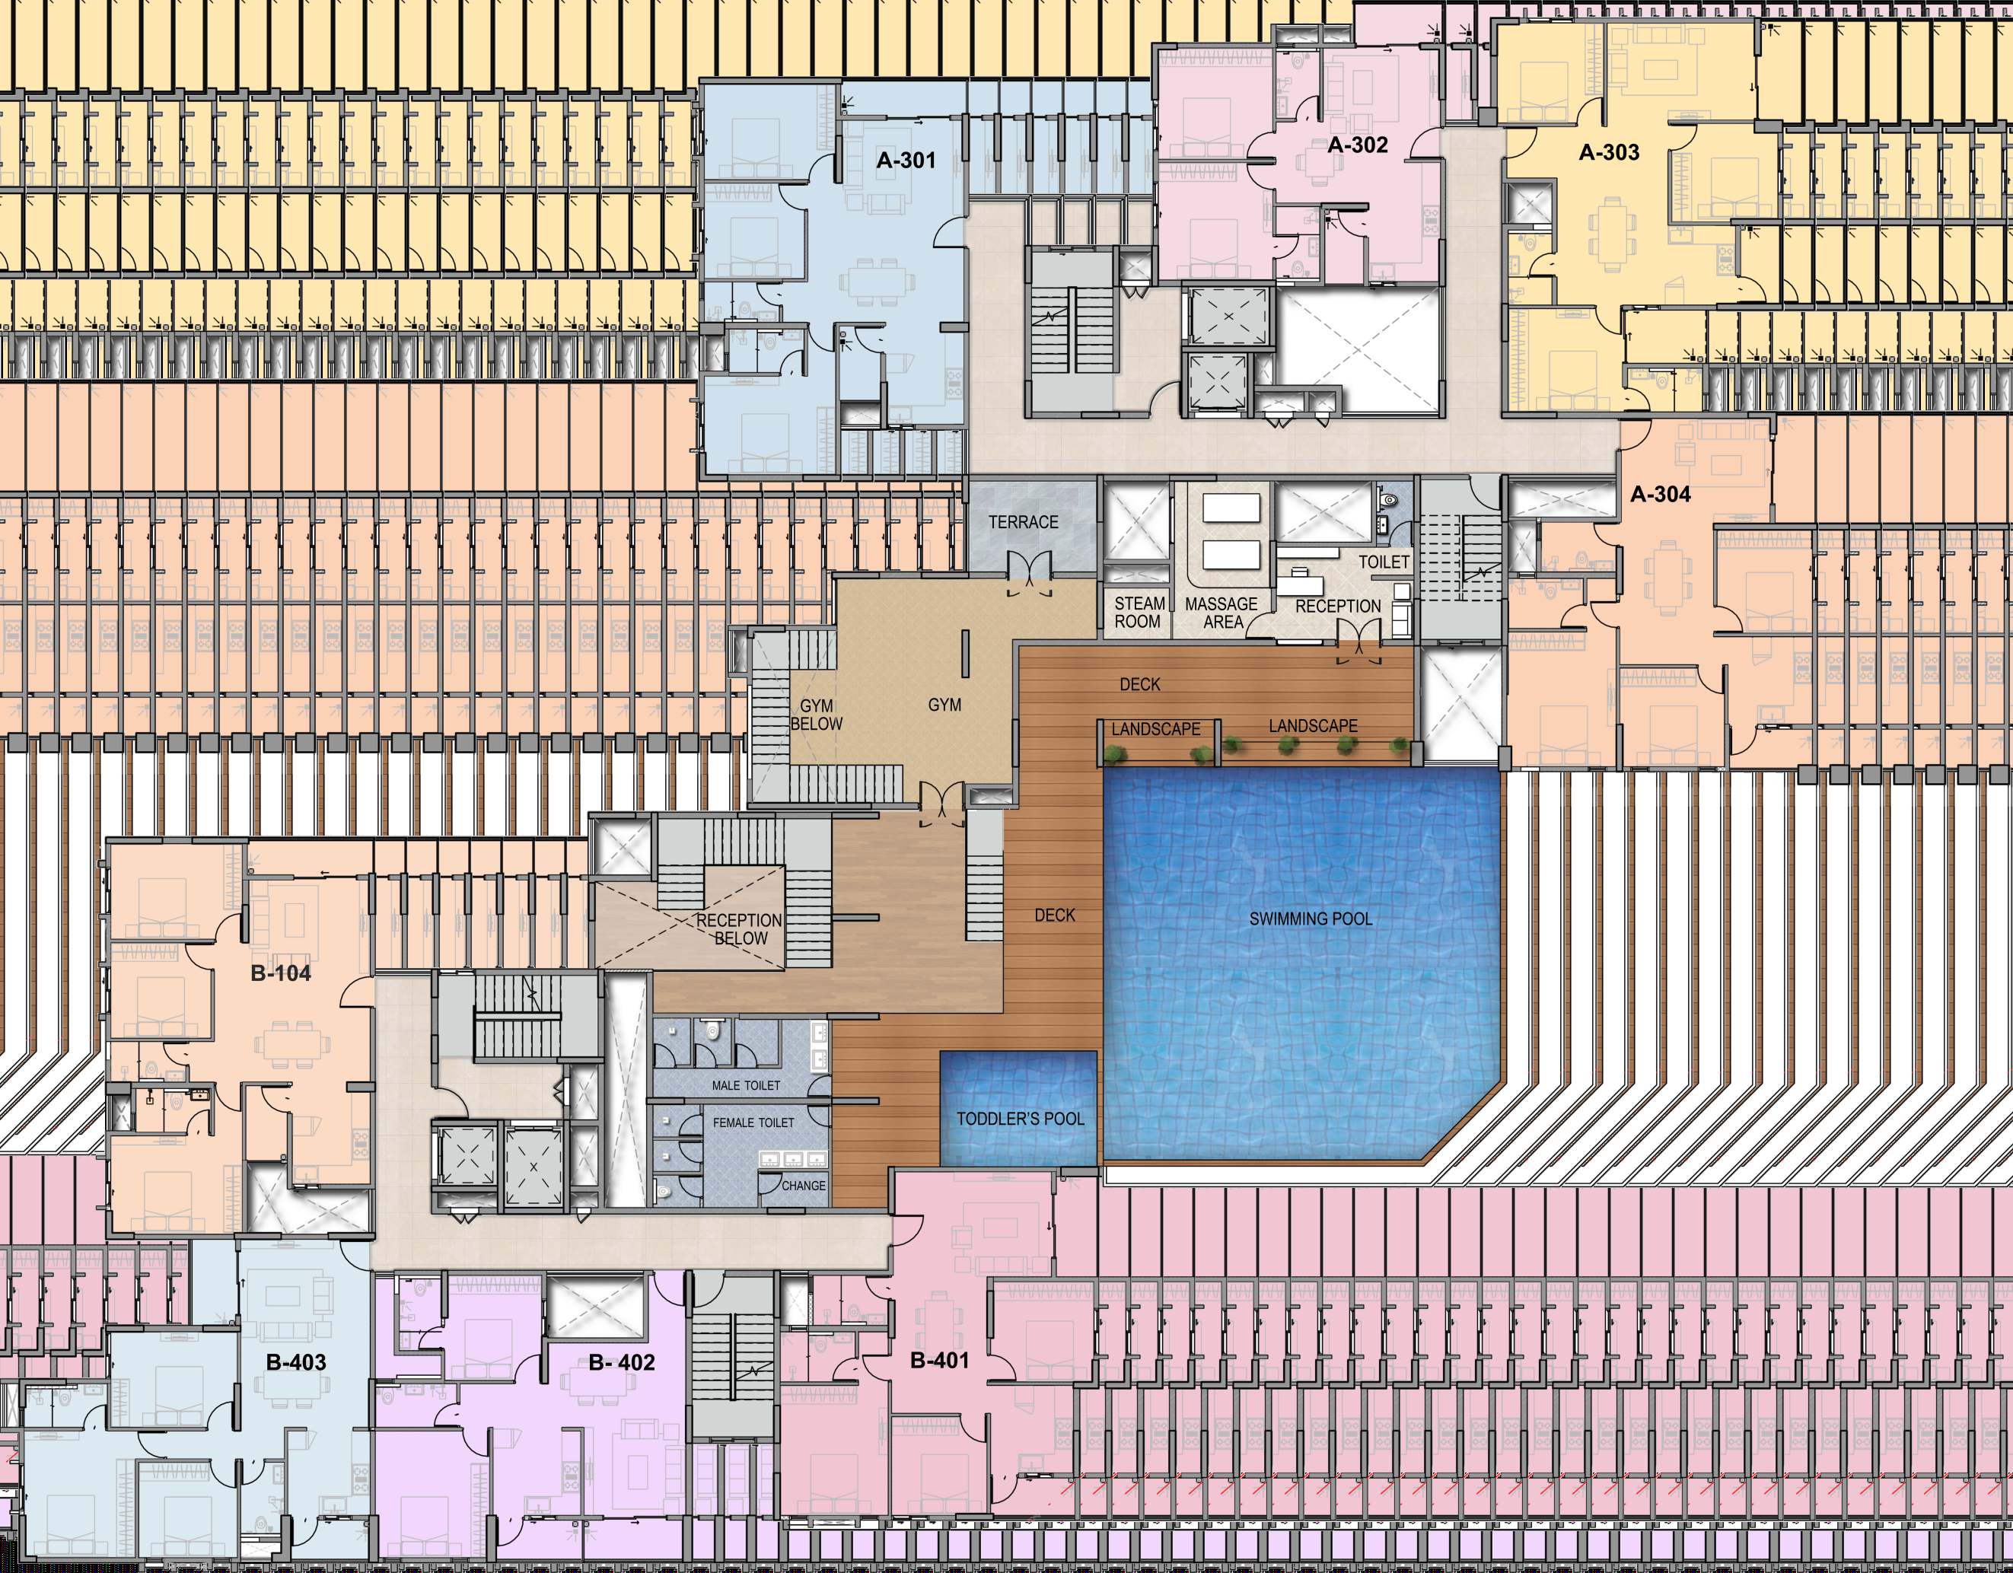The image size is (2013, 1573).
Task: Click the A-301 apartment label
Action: pyautogui.click(x=905, y=161)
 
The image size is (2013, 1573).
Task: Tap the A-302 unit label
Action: pyautogui.click(x=1357, y=145)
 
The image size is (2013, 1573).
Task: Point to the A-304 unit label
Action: pyautogui.click(x=1660, y=494)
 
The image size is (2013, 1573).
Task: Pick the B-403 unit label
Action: pyautogui.click(x=296, y=1362)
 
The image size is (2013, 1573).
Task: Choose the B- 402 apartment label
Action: pyautogui.click(x=621, y=1362)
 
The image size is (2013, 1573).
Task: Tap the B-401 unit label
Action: pyautogui.click(x=939, y=1359)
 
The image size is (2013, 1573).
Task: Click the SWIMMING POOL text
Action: pyautogui.click(x=1310, y=919)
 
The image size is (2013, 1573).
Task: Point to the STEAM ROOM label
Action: pyautogui.click(x=1139, y=613)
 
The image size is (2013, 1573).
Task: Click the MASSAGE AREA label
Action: pyautogui.click(x=1221, y=613)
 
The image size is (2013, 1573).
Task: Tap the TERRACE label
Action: pyautogui.click(x=1023, y=521)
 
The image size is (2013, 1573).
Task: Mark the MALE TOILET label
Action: pyautogui.click(x=746, y=1085)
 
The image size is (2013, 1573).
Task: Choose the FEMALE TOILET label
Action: pyautogui.click(x=753, y=1122)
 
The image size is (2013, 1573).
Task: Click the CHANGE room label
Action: pyautogui.click(x=804, y=1186)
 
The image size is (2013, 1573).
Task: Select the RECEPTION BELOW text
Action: pyautogui.click(x=739, y=929)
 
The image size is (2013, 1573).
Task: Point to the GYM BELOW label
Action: pyautogui.click(x=816, y=714)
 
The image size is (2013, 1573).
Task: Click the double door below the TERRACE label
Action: pyautogui.click(x=1029, y=572)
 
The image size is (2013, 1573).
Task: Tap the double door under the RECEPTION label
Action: pyautogui.click(x=1359, y=641)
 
